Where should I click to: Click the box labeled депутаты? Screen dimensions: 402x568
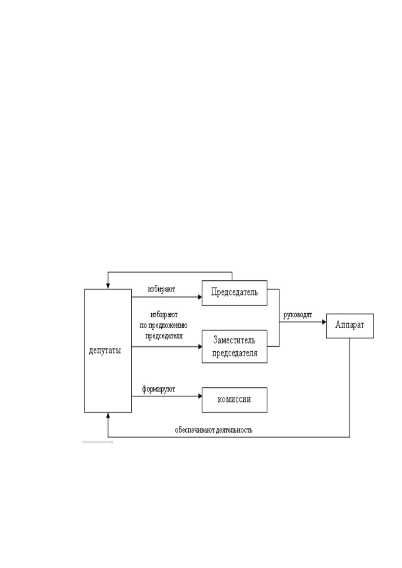(x=108, y=351)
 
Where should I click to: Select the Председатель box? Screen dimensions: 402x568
(x=234, y=293)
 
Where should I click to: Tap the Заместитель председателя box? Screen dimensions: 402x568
(x=234, y=346)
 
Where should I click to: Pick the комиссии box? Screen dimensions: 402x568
(x=234, y=400)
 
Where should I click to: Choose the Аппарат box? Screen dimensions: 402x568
(x=350, y=326)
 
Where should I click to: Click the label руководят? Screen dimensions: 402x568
(x=298, y=315)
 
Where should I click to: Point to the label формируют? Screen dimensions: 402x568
(x=158, y=389)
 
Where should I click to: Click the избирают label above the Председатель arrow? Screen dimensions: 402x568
(x=161, y=289)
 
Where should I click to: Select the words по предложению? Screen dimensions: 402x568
(x=163, y=325)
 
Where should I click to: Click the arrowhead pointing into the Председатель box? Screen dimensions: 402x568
(x=200, y=297)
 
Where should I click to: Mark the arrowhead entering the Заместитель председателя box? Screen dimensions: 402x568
(x=200, y=346)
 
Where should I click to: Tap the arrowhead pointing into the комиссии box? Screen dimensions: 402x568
(x=200, y=396)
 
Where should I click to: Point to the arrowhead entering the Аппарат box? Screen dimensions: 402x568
(x=324, y=322)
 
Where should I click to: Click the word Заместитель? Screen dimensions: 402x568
(x=234, y=340)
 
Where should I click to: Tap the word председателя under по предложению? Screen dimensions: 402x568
(x=164, y=336)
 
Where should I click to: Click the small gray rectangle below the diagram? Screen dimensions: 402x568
(x=98, y=442)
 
